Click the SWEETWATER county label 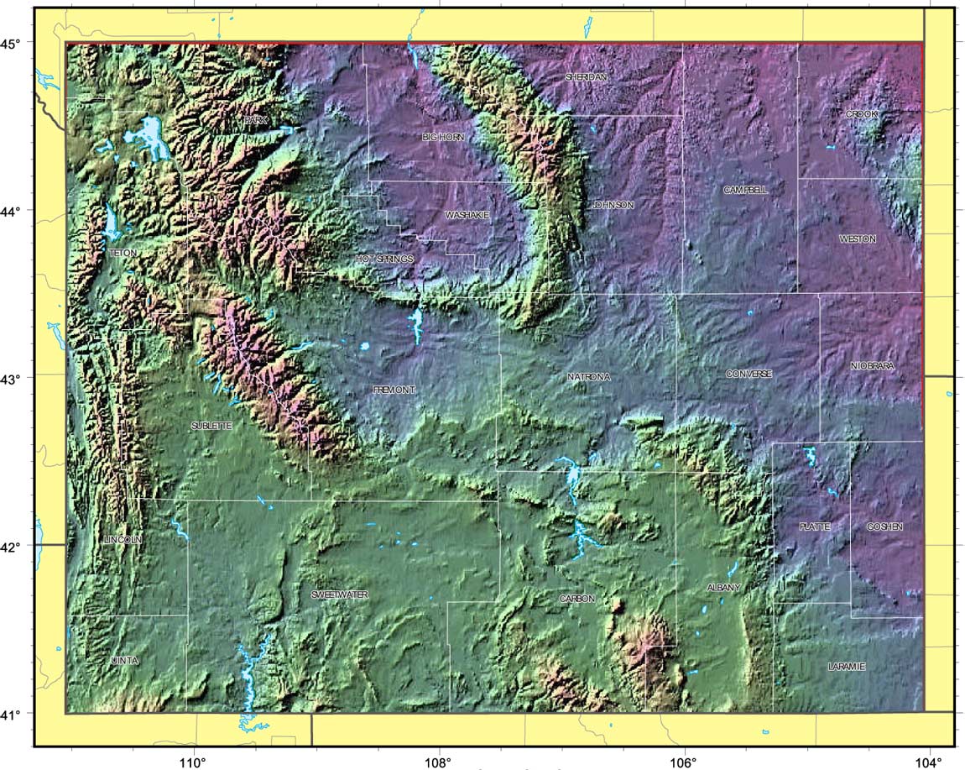340,595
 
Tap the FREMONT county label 394,390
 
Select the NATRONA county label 588,377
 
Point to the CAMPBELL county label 745,191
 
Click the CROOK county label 861,113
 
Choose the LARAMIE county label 846,667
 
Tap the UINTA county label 124,661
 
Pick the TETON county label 123,252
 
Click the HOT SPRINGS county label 384,259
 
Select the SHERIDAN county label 586,76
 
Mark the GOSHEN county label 884,526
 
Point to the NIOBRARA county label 873,366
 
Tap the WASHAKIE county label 467,215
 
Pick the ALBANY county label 723,588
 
